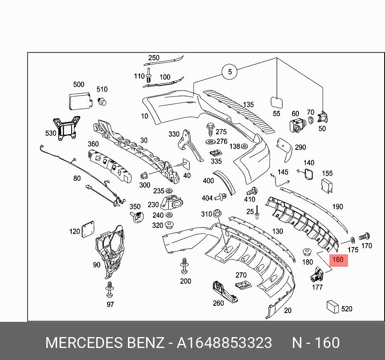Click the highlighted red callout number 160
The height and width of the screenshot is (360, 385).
pyautogui.click(x=338, y=260)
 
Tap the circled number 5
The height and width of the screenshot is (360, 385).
pyautogui.click(x=230, y=72)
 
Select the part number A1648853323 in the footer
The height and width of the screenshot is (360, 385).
pyautogui.click(x=224, y=343)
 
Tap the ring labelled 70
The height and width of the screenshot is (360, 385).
pyautogui.click(x=311, y=120)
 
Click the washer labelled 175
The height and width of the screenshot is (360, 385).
pyautogui.click(x=352, y=240)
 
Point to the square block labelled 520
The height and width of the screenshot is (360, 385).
pyautogui.click(x=333, y=307)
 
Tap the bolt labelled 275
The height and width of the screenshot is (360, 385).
pyautogui.click(x=210, y=130)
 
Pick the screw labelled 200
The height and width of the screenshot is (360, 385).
pyautogui.click(x=185, y=266)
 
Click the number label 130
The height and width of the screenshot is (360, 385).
pyautogui.click(x=278, y=231)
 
